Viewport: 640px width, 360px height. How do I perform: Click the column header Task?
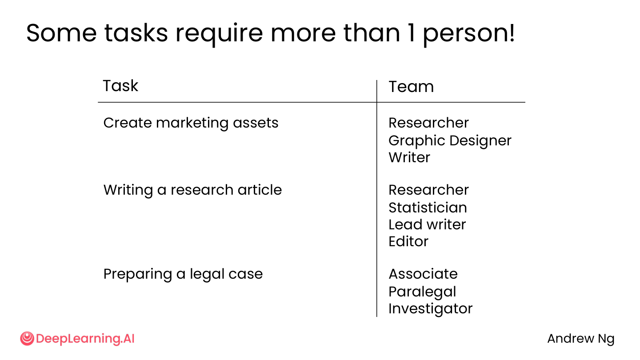click(x=120, y=85)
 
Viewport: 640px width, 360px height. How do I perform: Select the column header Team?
click(x=411, y=87)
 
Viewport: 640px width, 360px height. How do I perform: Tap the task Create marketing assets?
click(x=191, y=123)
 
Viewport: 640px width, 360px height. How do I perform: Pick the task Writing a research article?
click(x=192, y=190)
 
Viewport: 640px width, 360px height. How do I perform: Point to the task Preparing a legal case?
click(x=183, y=274)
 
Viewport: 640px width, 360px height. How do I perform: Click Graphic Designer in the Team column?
click(x=450, y=141)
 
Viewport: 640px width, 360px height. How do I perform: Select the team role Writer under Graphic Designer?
click(x=409, y=157)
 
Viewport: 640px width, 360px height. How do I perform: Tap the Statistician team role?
click(x=428, y=208)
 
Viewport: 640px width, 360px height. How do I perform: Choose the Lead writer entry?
click(x=427, y=224)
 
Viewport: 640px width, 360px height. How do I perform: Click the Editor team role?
click(x=408, y=241)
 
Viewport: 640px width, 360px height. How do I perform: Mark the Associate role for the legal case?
click(x=423, y=274)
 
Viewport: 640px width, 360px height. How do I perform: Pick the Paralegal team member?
click(x=422, y=292)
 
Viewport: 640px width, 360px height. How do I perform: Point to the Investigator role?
click(x=431, y=309)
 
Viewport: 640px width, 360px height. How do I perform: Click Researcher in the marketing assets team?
click(x=428, y=123)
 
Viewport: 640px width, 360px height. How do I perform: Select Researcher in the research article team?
click(x=428, y=190)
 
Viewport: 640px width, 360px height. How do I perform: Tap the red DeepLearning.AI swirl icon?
click(x=27, y=339)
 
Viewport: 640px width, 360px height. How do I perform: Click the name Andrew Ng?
click(x=581, y=339)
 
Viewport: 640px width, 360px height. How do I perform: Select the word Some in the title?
click(x=61, y=33)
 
